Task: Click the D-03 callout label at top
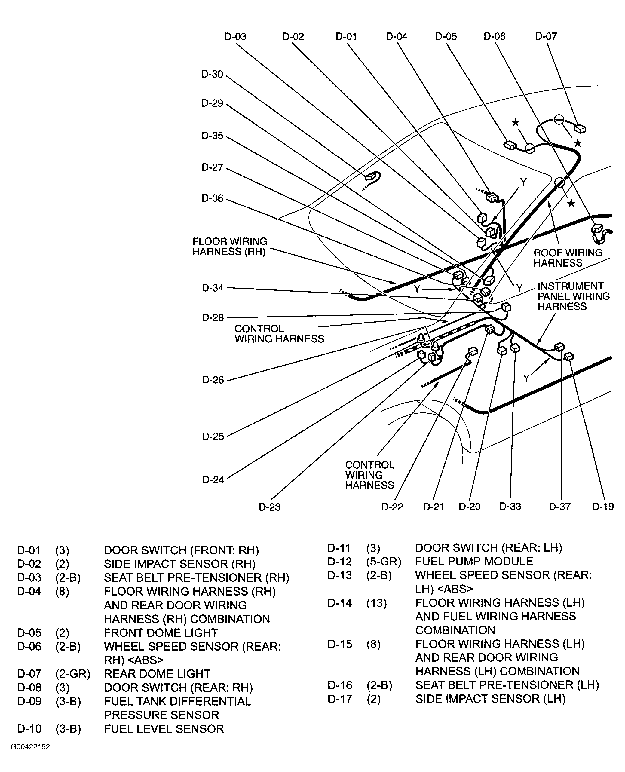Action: [235, 37]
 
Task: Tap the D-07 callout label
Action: [546, 36]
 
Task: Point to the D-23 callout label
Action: [269, 507]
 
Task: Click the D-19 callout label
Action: [603, 507]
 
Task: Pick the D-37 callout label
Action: [559, 507]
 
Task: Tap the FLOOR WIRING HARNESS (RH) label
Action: [229, 247]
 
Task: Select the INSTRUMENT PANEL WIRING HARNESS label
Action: [573, 296]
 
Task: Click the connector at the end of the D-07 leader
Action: [580, 129]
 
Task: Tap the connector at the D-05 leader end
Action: [510, 145]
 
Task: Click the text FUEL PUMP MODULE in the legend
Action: [474, 561]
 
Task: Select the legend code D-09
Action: [29, 701]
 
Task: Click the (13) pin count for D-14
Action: [376, 603]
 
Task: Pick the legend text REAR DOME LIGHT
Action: [157, 674]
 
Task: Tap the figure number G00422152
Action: [30, 747]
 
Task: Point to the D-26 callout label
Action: [213, 380]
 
